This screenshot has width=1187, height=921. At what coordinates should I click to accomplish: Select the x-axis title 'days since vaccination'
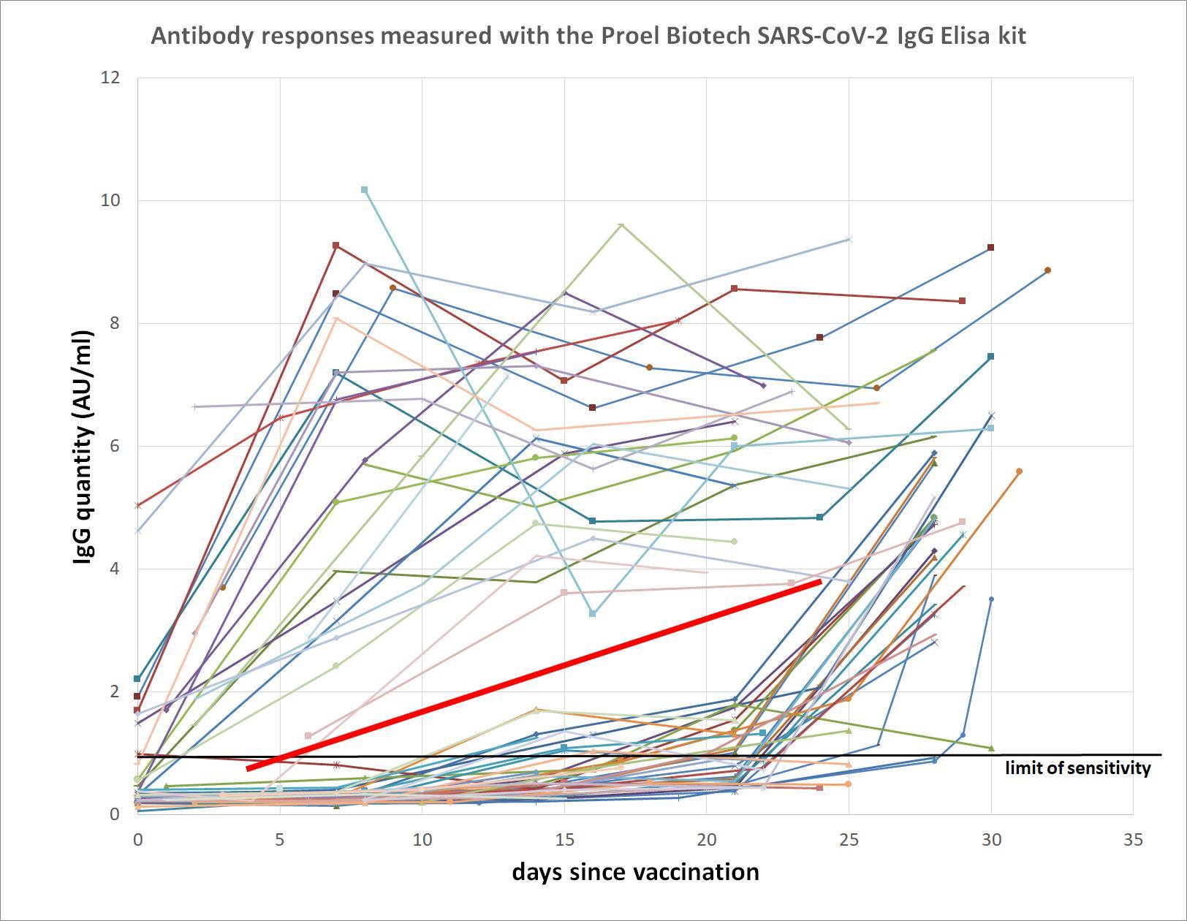(x=635, y=872)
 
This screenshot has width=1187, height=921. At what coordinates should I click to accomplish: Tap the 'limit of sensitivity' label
(x=1077, y=768)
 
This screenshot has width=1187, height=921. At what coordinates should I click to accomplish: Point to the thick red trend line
(x=534, y=675)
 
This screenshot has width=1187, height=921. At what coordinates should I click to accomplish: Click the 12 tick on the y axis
(x=110, y=77)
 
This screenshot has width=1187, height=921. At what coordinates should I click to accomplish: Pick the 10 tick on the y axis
(x=110, y=200)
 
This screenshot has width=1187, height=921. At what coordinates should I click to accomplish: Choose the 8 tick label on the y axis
(x=115, y=323)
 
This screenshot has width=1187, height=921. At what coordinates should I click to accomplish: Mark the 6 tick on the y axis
(x=115, y=446)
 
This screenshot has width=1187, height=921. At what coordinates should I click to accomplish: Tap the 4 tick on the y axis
(x=115, y=569)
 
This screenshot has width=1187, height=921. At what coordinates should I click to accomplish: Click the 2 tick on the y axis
(x=115, y=691)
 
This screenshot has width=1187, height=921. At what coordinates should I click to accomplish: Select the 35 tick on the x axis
(x=1133, y=841)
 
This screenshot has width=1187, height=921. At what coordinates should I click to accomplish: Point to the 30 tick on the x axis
(x=991, y=841)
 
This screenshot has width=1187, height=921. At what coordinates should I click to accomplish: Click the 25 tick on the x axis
(x=849, y=841)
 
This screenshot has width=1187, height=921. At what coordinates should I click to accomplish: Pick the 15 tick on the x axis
(x=564, y=841)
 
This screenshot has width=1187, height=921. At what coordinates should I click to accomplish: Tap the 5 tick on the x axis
(x=280, y=841)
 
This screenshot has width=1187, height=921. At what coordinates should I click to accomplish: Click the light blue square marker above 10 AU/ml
(x=365, y=190)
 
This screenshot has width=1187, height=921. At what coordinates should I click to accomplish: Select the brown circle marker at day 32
(x=1047, y=270)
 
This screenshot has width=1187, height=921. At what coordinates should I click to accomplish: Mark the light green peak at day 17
(x=621, y=224)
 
